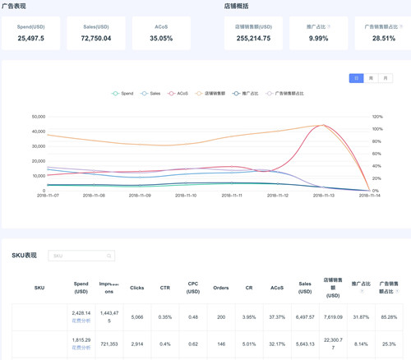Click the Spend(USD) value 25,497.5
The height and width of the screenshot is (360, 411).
click(31, 39)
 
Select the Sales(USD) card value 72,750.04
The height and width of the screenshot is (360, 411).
click(96, 39)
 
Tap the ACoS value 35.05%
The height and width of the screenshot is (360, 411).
click(161, 39)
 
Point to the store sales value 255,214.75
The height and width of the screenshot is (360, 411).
click(253, 39)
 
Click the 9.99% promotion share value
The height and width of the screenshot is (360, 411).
click(318, 39)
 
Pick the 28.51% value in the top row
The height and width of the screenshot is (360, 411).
click(383, 39)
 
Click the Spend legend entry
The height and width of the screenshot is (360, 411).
click(123, 94)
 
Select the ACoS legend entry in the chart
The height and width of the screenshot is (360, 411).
click(178, 94)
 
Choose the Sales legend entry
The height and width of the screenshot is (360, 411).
click(151, 94)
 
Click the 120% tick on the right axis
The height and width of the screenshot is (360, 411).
click(376, 117)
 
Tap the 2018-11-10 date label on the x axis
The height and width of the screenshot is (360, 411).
click(186, 196)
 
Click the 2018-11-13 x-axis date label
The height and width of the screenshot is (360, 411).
click(323, 196)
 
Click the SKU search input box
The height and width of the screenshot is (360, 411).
click(81, 256)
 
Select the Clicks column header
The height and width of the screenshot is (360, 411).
click(137, 288)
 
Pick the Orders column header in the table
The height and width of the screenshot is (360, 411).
click(221, 288)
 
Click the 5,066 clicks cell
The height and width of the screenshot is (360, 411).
click(137, 316)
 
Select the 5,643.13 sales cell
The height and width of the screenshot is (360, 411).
click(305, 344)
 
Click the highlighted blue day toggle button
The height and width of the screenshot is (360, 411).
click(356, 78)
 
